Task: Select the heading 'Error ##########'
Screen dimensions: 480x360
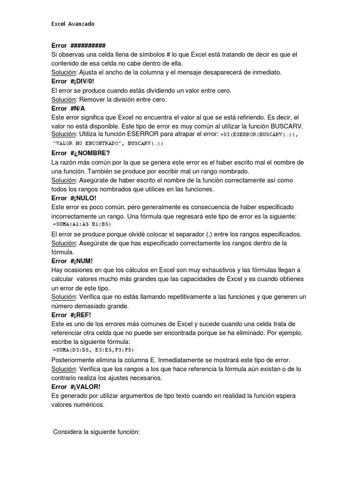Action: tap(78, 45)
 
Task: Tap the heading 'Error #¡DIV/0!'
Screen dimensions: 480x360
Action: tap(73, 81)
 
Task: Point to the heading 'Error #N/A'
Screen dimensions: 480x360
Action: tap(68, 108)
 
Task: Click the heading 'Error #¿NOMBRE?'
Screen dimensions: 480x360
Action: tap(80, 153)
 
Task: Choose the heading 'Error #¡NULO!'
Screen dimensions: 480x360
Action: tap(74, 198)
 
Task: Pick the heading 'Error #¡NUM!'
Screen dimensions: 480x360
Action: tap(72, 261)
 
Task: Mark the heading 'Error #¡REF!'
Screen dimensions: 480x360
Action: tap(71, 315)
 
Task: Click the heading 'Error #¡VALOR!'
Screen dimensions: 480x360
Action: tap(76, 387)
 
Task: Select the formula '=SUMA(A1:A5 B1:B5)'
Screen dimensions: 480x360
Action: tap(82, 225)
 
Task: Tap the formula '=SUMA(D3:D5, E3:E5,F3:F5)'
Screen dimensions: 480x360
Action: tap(94, 350)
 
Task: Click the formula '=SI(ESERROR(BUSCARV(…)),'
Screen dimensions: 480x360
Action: tap(260, 135)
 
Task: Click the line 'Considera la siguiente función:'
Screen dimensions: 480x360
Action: tap(97, 431)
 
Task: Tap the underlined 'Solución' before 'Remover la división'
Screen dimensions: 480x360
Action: tap(63, 99)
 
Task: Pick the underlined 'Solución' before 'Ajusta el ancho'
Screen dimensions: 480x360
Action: tap(63, 72)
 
